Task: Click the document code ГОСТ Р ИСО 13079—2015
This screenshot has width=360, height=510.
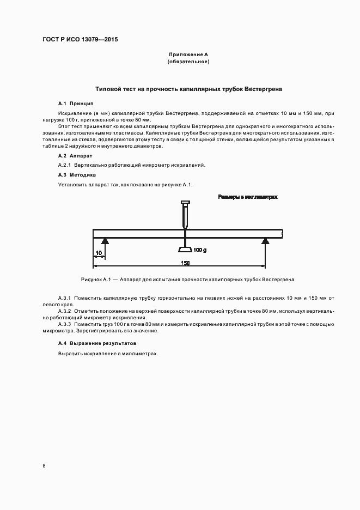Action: coord(80,40)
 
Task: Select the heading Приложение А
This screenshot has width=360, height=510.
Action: coord(188,54)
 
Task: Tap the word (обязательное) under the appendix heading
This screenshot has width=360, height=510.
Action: coord(188,62)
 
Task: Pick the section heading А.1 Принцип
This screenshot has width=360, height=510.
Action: coord(76,103)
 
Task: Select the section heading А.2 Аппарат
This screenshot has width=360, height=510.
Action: coord(76,156)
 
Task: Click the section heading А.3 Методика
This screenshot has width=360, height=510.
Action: coord(77,175)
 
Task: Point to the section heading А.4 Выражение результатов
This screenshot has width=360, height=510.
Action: coord(97,343)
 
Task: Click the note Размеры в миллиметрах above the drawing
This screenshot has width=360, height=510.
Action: coord(248,197)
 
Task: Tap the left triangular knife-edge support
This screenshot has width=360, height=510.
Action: coord(105,241)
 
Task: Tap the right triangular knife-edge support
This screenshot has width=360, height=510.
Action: coord(265,241)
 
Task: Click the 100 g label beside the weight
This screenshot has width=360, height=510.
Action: coord(200,250)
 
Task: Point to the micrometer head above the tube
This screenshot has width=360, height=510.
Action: coord(185,205)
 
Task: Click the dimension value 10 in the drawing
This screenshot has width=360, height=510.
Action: coord(99,253)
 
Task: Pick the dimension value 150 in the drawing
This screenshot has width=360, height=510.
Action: coord(185,263)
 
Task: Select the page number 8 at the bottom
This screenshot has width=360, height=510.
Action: coord(44,466)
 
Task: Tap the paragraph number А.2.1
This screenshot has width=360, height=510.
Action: coord(65,165)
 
